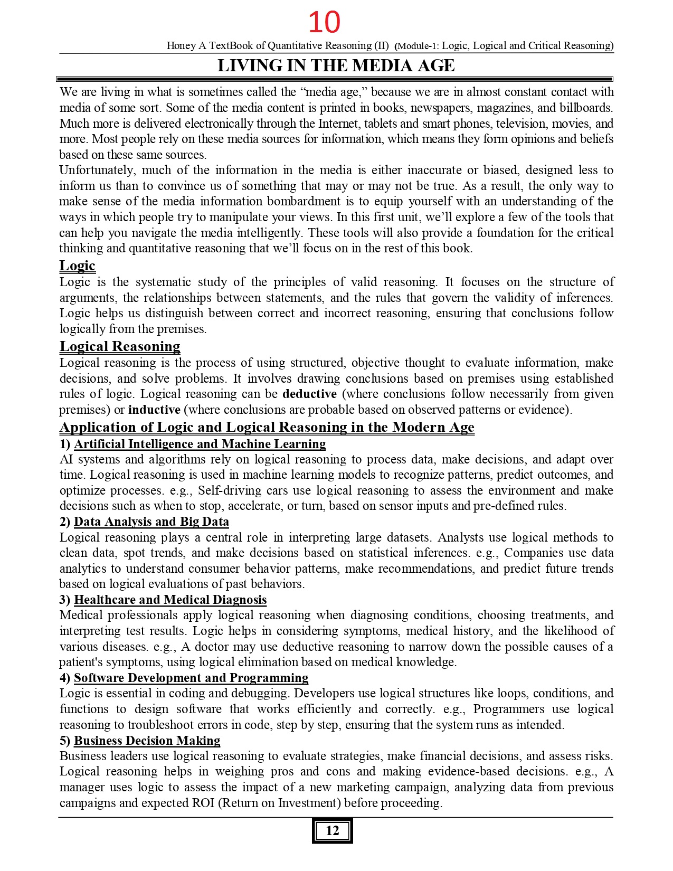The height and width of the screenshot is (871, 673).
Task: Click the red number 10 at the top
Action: click(x=324, y=22)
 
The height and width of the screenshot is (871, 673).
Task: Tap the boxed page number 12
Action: click(x=332, y=830)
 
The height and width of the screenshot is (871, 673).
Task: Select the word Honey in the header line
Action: click(x=181, y=45)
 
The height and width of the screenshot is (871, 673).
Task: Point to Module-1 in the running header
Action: click(x=418, y=46)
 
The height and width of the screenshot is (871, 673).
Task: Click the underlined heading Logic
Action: click(x=77, y=266)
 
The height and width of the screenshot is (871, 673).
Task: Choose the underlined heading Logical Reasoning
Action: click(x=120, y=346)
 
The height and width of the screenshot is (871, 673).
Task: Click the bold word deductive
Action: click(x=309, y=394)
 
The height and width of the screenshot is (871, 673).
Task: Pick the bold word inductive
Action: click(x=154, y=410)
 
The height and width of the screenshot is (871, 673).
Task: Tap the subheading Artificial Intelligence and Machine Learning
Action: click(x=200, y=444)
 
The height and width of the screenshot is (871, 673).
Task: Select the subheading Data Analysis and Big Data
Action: click(x=151, y=522)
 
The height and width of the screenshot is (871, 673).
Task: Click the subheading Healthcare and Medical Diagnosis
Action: click(x=170, y=600)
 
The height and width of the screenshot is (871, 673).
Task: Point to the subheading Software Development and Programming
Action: click(x=191, y=678)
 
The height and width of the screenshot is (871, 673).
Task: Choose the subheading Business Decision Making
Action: click(x=147, y=741)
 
